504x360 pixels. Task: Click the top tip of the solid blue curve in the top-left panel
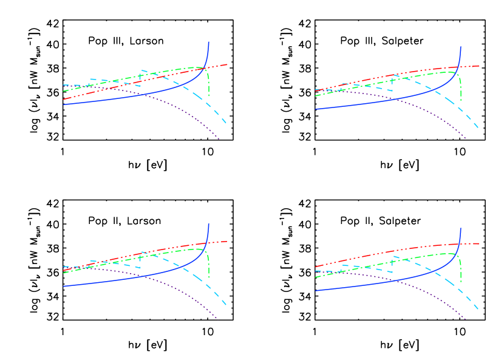[x=209, y=42]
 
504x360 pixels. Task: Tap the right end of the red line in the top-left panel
[x=227, y=64]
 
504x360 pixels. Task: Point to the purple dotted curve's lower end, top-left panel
[x=219, y=139]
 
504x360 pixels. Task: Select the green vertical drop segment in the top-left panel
[x=209, y=85]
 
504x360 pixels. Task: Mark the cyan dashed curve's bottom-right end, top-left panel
[x=226, y=123]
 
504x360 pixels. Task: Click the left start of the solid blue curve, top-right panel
[x=316, y=109]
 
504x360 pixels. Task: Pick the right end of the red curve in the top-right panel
[x=479, y=66]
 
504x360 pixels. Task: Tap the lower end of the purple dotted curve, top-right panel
[x=466, y=139]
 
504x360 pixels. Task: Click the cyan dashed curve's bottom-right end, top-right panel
[x=478, y=128]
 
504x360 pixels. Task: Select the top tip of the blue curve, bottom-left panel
[x=209, y=224]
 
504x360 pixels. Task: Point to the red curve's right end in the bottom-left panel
[x=227, y=242]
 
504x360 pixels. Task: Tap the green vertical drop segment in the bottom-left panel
[x=209, y=267]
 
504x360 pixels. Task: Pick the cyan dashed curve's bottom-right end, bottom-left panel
[x=226, y=305]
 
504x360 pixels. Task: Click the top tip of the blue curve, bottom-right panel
[x=461, y=228]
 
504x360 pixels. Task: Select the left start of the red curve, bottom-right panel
[x=316, y=267]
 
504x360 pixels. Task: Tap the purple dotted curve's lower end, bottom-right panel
[x=466, y=319]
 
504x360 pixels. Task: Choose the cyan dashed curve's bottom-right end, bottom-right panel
[x=478, y=310]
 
